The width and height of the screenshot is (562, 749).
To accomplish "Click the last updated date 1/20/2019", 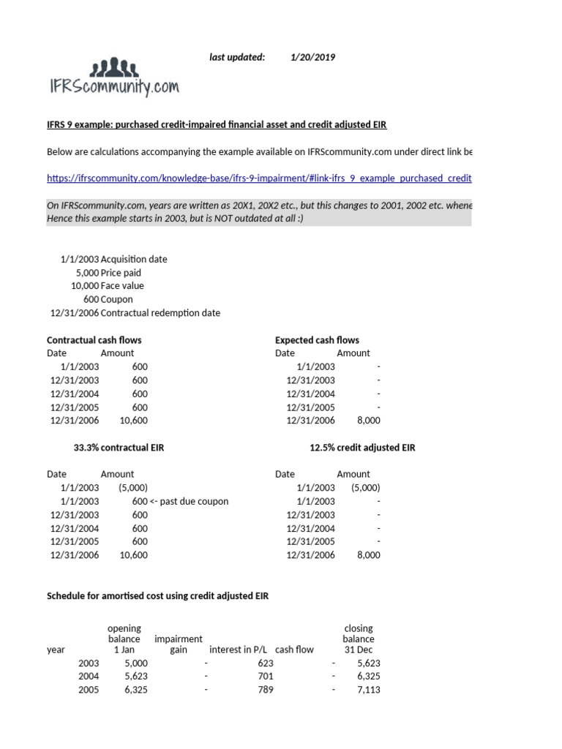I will (x=312, y=57).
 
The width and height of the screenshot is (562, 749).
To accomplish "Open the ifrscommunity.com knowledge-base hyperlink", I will (x=259, y=178).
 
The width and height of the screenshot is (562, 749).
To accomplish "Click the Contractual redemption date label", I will (x=160, y=313).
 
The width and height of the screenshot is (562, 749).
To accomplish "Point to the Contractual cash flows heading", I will (x=94, y=340).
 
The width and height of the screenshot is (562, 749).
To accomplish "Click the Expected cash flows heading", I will (x=317, y=340).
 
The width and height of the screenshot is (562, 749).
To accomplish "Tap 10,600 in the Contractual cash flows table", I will (x=133, y=421).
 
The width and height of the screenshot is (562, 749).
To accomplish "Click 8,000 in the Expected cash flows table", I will (x=368, y=421).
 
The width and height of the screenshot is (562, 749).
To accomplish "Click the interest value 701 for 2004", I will (x=265, y=677).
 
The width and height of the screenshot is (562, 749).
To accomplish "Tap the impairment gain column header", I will (x=179, y=644).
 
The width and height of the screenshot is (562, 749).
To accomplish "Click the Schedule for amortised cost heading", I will (x=157, y=596).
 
